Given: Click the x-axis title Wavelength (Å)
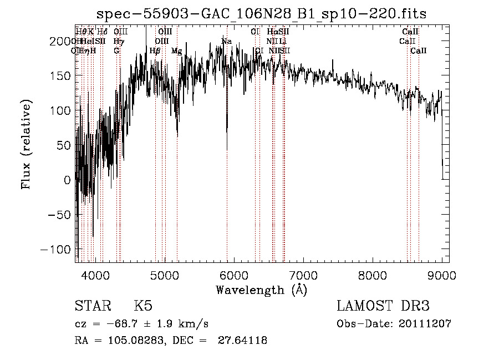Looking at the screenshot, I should point(261,290).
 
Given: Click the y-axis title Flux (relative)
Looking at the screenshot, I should point(26,144).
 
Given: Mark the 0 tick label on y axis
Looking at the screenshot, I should point(68,180).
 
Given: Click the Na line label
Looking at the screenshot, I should point(226,42).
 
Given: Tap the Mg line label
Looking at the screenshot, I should point(176,51).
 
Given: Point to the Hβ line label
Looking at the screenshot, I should point(155,51).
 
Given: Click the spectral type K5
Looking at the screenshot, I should point(143,306).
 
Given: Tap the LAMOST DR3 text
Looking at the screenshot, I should point(383,306).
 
